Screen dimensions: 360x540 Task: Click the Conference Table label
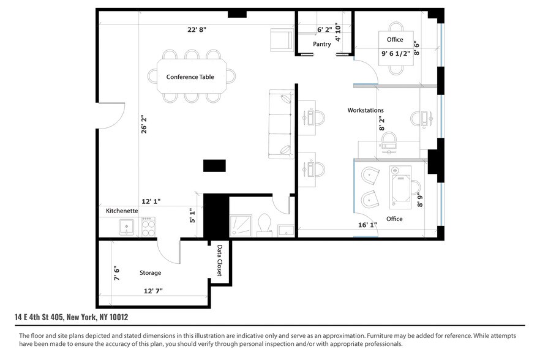click(190, 77)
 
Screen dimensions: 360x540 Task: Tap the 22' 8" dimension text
click(197, 29)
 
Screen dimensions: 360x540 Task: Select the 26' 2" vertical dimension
click(144, 127)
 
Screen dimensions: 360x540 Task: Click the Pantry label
click(321, 44)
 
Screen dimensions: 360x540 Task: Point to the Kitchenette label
click(122, 211)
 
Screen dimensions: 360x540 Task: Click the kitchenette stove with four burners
click(148, 228)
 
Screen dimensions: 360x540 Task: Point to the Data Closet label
click(219, 260)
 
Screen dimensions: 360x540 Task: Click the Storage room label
click(150, 272)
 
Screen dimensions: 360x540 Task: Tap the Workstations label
click(366, 110)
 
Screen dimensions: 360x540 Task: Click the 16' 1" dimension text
click(367, 225)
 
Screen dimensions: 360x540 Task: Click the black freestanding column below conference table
click(214, 165)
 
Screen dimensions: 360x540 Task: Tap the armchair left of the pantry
click(282, 40)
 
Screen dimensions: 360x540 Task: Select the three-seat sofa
click(282, 125)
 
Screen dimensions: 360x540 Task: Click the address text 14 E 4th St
click(71, 317)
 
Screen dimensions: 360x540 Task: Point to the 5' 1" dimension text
click(192, 216)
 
